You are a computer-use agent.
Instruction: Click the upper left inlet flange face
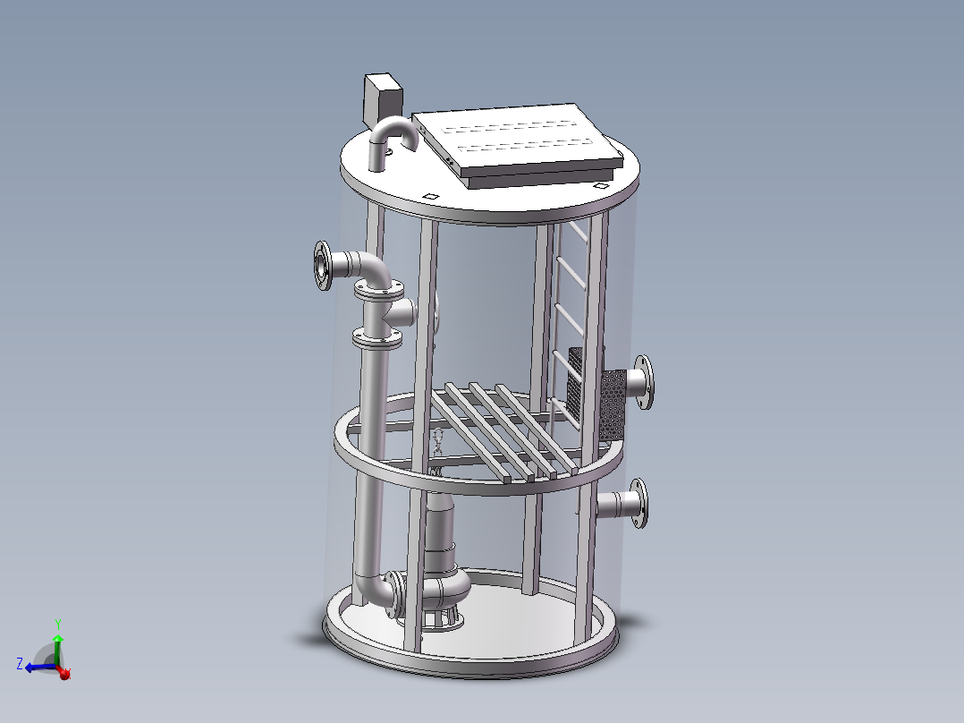pyautogui.click(x=321, y=266)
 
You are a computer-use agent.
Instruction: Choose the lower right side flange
pyautogui.click(x=638, y=504)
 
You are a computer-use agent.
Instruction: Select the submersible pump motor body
pyautogui.click(x=439, y=528)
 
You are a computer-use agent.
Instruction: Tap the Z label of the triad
pyautogui.click(x=19, y=663)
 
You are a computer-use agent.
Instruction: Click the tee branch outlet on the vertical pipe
pyautogui.click(x=405, y=312)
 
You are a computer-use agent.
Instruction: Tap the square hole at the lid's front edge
pyautogui.click(x=428, y=196)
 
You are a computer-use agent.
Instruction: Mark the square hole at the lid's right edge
pyautogui.click(x=600, y=185)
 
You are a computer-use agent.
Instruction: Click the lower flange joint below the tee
pyautogui.click(x=377, y=338)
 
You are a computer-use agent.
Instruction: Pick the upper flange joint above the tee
pyautogui.click(x=379, y=289)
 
